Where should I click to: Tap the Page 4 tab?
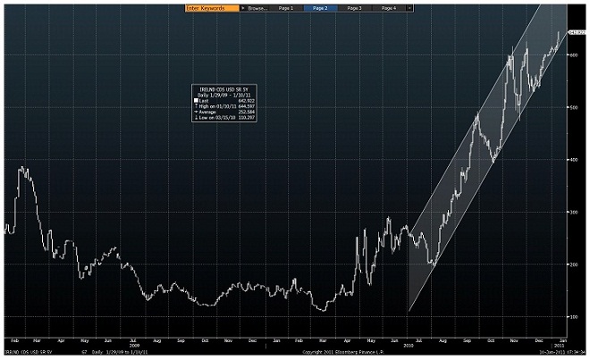click(389, 7)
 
